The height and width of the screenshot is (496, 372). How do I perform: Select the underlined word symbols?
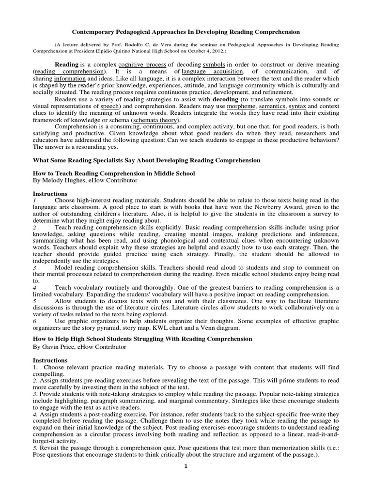pos(214,64)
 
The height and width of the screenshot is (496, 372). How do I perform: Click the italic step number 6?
pos(34,321)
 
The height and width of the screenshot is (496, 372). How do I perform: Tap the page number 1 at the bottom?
pos(186,467)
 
